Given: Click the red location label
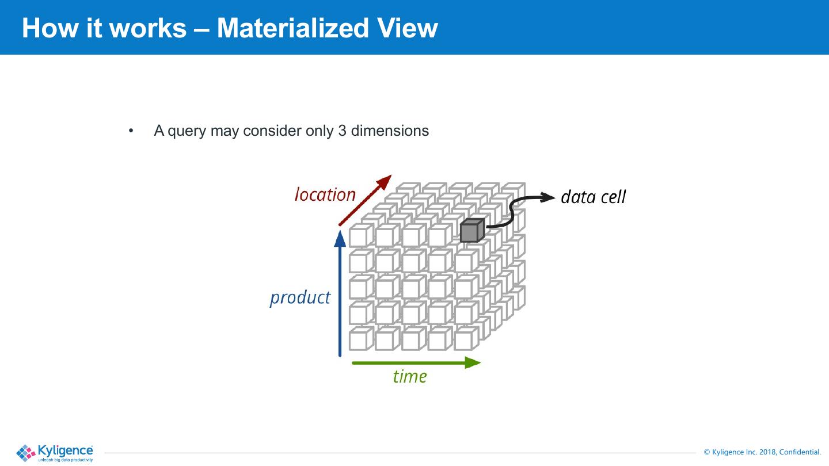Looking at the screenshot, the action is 325,195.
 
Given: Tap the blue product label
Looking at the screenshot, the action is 300,297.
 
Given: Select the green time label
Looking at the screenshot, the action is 410,376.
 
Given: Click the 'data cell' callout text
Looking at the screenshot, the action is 593,197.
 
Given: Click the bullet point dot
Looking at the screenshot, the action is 131,131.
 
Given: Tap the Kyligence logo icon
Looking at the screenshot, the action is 26,453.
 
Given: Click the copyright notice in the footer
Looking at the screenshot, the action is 762,452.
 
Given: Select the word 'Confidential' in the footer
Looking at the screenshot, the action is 800,452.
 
